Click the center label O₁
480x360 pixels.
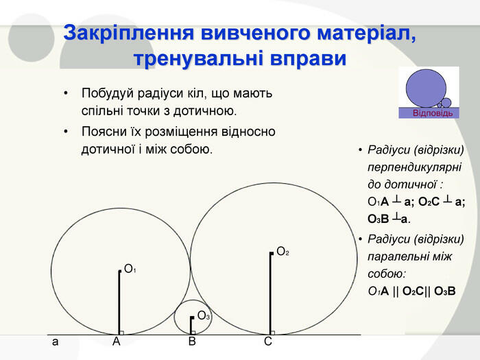130,269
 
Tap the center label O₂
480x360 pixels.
282,252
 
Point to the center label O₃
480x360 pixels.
203,315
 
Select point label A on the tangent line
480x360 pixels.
117,341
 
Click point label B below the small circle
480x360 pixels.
192,341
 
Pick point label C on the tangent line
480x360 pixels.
268,341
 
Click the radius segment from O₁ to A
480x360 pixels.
119,302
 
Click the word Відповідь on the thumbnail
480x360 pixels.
432,112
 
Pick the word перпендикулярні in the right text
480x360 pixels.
414,167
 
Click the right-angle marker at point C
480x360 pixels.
273,333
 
